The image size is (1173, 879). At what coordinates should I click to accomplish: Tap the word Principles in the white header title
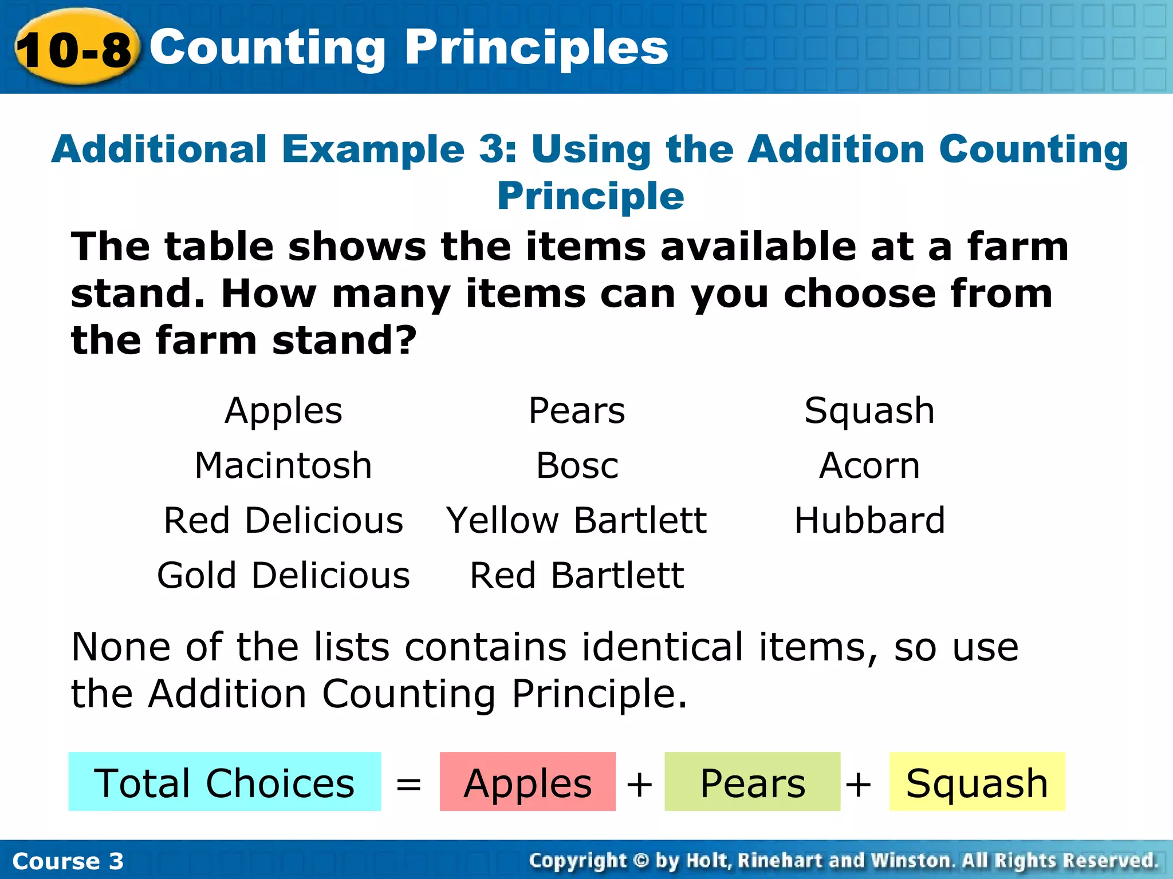point(537,48)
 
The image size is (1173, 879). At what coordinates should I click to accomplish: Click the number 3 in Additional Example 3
point(490,149)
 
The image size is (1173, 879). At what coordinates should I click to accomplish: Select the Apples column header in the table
point(284,411)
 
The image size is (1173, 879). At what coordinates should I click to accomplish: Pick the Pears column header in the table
point(577,411)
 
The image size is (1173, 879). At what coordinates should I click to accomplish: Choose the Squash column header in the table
point(869,411)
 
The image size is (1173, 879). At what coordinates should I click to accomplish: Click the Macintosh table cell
point(284,465)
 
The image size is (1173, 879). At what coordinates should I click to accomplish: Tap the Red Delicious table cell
point(284,520)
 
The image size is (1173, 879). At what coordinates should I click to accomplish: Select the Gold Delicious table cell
point(284,575)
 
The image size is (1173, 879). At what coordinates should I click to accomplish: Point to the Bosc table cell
point(577,465)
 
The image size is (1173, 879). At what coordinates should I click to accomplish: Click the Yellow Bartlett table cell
point(577,520)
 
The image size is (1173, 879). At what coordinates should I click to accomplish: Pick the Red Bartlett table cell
point(577,575)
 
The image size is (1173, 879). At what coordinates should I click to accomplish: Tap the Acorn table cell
point(869,465)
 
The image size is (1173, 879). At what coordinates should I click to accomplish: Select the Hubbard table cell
point(869,520)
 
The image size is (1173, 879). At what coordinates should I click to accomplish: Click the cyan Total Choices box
point(225,782)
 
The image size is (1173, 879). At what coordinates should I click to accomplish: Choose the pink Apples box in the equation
point(528,782)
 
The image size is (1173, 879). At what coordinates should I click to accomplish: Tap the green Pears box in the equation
point(752,782)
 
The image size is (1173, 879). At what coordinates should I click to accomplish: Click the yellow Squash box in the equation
point(977,782)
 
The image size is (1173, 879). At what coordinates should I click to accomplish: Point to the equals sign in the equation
point(409,784)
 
